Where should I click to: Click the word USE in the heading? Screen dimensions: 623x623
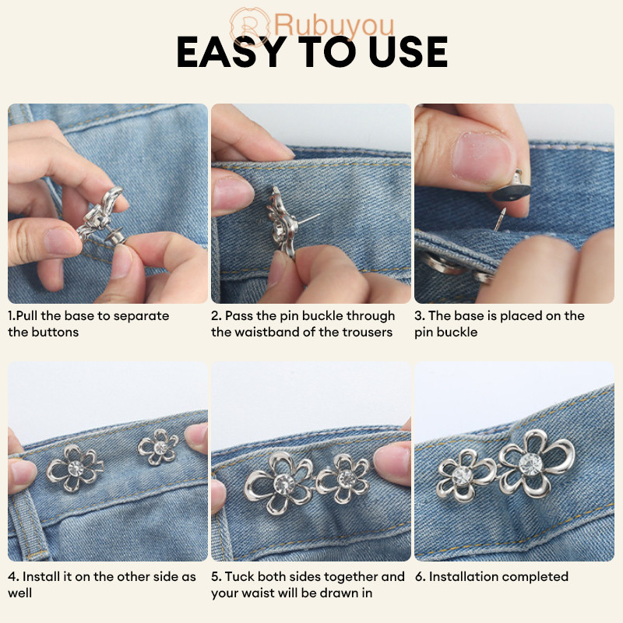pos(408,51)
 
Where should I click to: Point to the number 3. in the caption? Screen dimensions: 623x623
pos(420,316)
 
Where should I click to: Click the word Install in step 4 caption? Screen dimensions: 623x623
pos(41,576)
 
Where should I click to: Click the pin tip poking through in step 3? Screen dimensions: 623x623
pos(499,220)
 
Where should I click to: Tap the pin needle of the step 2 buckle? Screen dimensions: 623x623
pos(308,219)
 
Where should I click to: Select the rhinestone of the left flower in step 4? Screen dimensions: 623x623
pos(76,468)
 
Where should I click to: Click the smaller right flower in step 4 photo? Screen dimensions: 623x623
pos(158,447)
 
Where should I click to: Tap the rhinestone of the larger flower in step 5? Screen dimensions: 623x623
pos(284,484)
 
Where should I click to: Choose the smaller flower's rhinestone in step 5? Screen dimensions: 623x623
pos(347,478)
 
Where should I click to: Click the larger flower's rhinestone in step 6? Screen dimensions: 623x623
pos(530,463)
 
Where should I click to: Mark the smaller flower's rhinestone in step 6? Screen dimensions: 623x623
pos(462,476)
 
